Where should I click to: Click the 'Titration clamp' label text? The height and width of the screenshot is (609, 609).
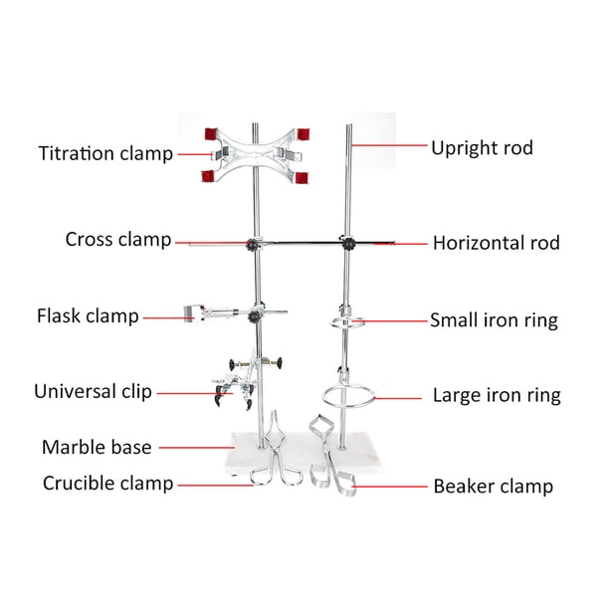(x=105, y=153)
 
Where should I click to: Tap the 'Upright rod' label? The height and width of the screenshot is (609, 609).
(x=482, y=148)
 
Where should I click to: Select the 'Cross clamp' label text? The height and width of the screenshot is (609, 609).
(x=118, y=239)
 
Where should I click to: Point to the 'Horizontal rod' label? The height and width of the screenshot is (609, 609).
(x=496, y=243)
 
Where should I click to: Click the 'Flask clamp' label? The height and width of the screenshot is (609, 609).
(x=88, y=315)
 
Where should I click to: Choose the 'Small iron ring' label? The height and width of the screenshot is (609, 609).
(x=494, y=320)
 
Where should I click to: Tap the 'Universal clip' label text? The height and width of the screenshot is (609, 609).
(x=93, y=391)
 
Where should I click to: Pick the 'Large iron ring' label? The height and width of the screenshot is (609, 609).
(x=497, y=395)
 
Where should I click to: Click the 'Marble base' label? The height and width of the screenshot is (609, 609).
(x=97, y=447)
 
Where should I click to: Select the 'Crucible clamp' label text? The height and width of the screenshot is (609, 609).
(x=108, y=484)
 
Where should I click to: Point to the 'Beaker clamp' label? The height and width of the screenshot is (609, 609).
(x=494, y=487)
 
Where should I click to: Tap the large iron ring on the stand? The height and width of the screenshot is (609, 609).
(x=323, y=397)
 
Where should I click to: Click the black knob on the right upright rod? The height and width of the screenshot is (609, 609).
(x=348, y=244)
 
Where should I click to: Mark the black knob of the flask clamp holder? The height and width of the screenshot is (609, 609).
(x=255, y=316)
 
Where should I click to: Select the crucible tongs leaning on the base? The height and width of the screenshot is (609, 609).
(x=276, y=451)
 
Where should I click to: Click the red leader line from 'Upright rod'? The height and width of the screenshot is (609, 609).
(x=389, y=145)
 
